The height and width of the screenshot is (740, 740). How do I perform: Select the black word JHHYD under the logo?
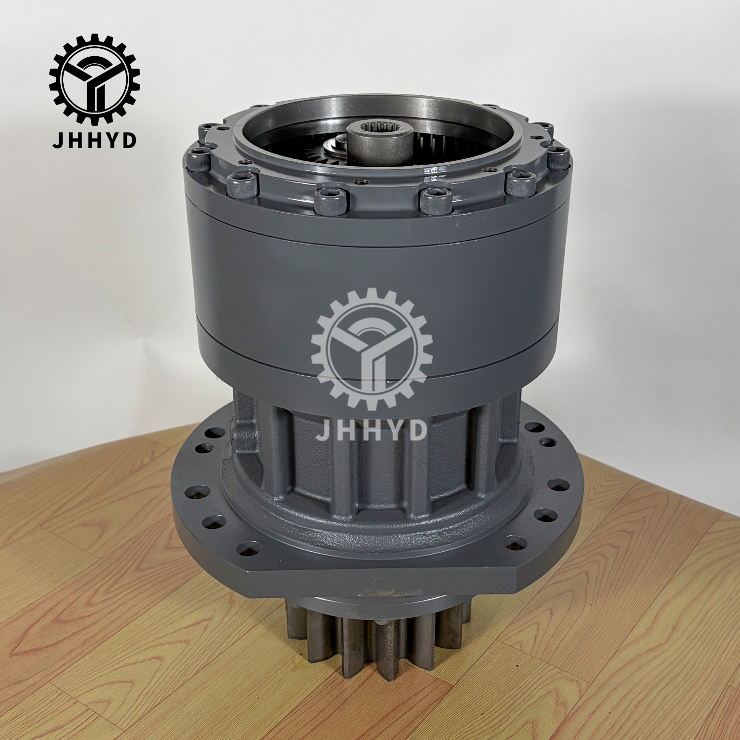(x=94, y=140)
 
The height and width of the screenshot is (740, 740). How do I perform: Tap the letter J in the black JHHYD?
(x=57, y=140)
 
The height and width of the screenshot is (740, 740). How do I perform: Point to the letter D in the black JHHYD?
(x=129, y=140)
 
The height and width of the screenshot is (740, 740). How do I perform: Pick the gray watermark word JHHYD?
(x=371, y=429)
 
